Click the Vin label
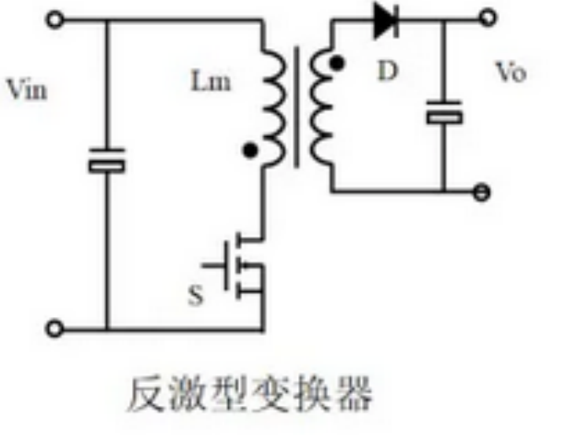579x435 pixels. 26,90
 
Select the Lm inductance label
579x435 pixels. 211,79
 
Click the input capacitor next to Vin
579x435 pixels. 106,164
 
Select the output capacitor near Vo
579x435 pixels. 444,116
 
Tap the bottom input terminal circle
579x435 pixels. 54,329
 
